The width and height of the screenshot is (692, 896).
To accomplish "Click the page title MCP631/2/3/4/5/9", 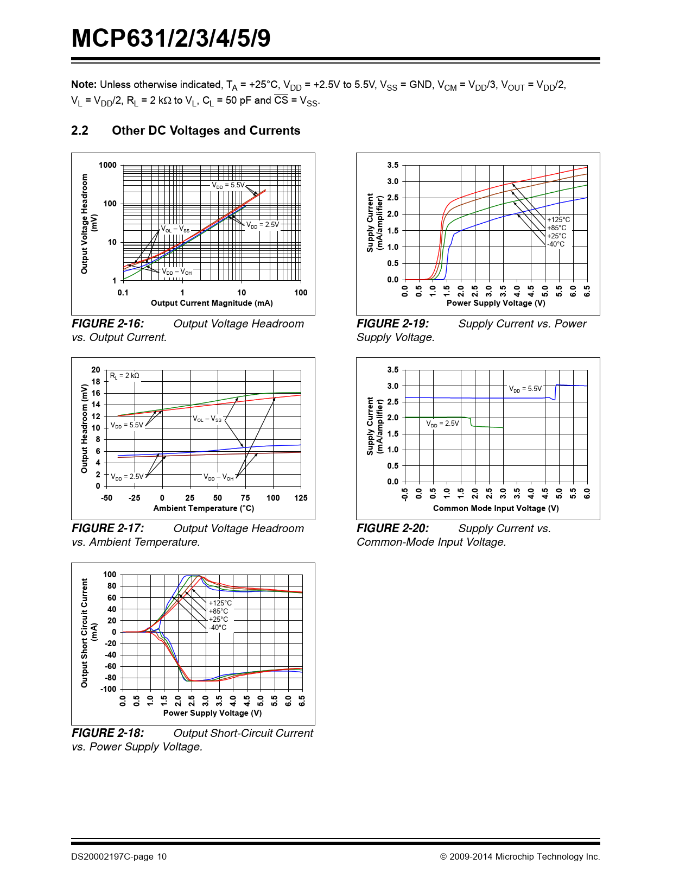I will pos(171,39).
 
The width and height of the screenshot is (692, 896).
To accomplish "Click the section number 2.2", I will pos(80,131).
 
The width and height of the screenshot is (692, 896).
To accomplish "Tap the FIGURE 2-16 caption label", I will pos(108,324).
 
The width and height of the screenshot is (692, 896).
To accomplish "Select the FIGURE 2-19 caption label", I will pos(392,324).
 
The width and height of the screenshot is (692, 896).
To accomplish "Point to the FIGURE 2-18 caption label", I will pos(108,733).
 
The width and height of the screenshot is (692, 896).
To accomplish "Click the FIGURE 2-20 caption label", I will pos(392,528).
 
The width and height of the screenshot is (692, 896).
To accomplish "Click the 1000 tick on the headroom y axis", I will pos(107,165).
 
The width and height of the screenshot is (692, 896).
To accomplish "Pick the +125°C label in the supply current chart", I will pos(558,220).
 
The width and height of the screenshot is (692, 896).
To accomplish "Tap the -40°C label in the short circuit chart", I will pos(218,628).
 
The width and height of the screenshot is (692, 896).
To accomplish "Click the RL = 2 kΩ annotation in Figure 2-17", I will pos(125,376).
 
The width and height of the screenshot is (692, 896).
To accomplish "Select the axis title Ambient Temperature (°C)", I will pos(204,508).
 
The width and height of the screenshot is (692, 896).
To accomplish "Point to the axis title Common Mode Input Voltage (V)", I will pos(496,508).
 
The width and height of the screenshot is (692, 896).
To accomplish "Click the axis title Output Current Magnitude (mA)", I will pos(212,303).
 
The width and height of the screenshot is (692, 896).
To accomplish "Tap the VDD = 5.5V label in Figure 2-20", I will pos(525,389).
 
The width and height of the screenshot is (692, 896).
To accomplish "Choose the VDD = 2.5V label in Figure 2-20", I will pos(442,424).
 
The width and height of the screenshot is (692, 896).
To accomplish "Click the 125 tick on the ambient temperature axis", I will pos(301,497).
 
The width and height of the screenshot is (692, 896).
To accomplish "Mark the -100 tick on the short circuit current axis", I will pos(109,689).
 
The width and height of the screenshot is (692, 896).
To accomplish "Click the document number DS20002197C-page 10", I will pos(119,857).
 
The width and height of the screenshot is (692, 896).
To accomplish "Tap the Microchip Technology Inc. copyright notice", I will pos(520,857).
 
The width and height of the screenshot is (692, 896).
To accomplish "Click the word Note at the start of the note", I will pos(84,85).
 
